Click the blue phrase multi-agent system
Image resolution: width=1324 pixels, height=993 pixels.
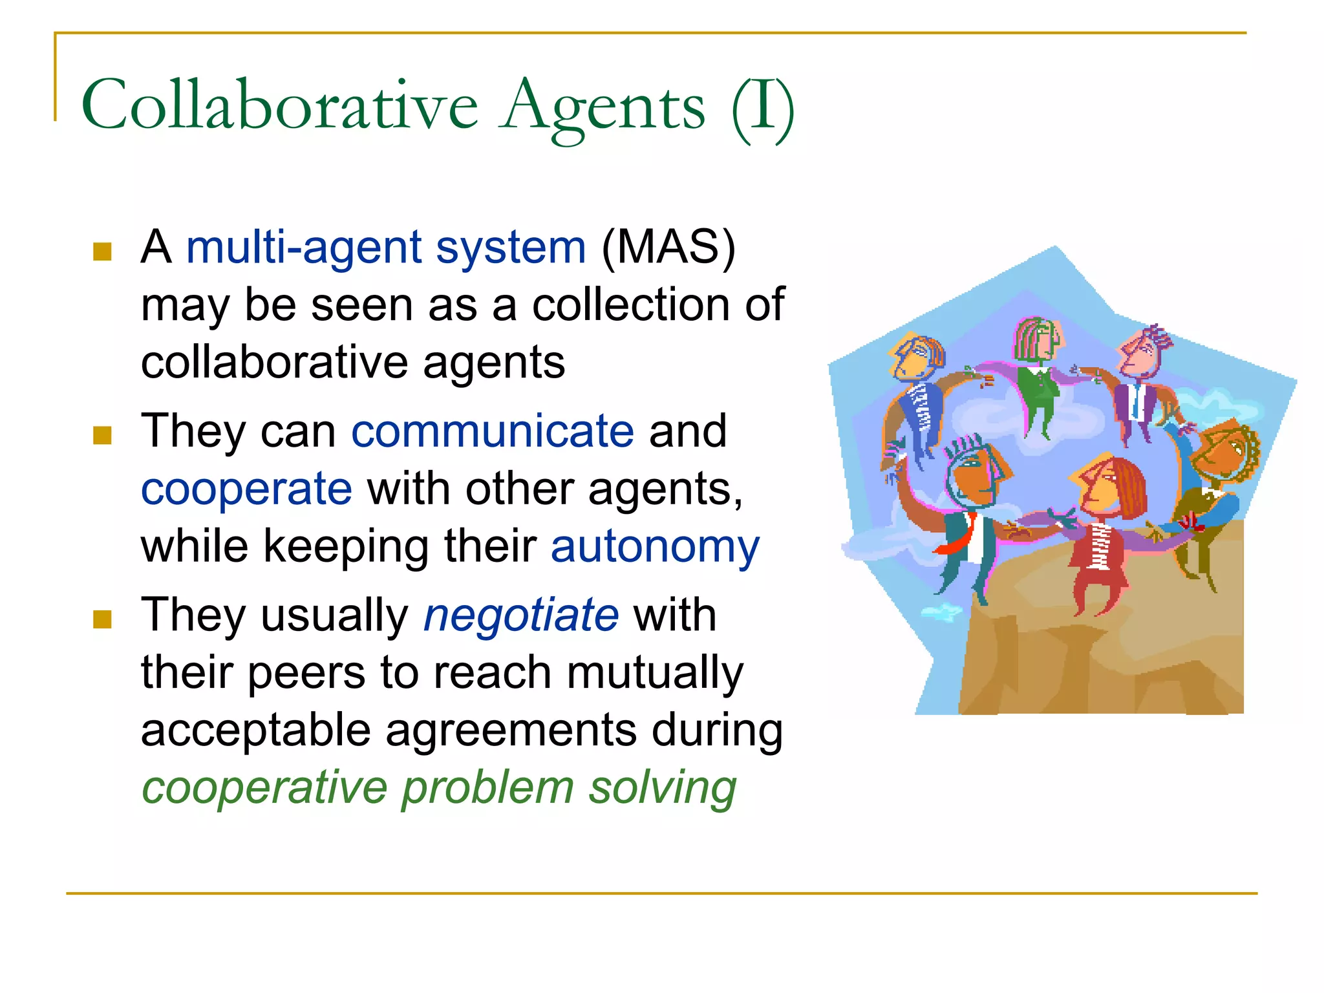pyautogui.click(x=386, y=248)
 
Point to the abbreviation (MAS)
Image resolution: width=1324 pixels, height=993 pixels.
pyautogui.click(x=668, y=248)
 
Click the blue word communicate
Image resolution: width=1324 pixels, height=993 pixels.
pyautogui.click(x=493, y=431)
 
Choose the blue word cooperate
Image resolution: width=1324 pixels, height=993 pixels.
pyautogui.click(x=246, y=489)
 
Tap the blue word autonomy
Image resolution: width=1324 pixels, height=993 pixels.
pyautogui.click(x=655, y=547)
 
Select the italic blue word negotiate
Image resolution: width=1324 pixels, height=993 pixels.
pyautogui.click(x=521, y=615)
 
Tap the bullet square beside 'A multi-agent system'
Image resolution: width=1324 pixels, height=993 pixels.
pyautogui.click(x=102, y=251)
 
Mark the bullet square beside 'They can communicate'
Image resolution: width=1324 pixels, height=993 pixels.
pyautogui.click(x=102, y=435)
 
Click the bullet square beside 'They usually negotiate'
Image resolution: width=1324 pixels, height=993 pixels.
pyautogui.click(x=102, y=619)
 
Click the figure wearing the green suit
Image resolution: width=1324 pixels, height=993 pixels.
pyautogui.click(x=1039, y=388)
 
